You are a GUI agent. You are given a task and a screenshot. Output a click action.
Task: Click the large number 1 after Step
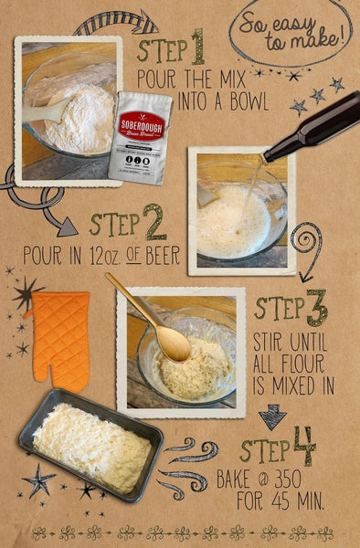click(x=196, y=47)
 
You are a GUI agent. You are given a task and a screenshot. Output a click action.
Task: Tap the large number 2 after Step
click(x=154, y=222)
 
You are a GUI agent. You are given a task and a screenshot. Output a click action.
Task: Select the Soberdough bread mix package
click(x=140, y=137)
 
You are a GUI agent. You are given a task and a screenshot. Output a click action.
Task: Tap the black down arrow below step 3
click(x=271, y=417)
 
